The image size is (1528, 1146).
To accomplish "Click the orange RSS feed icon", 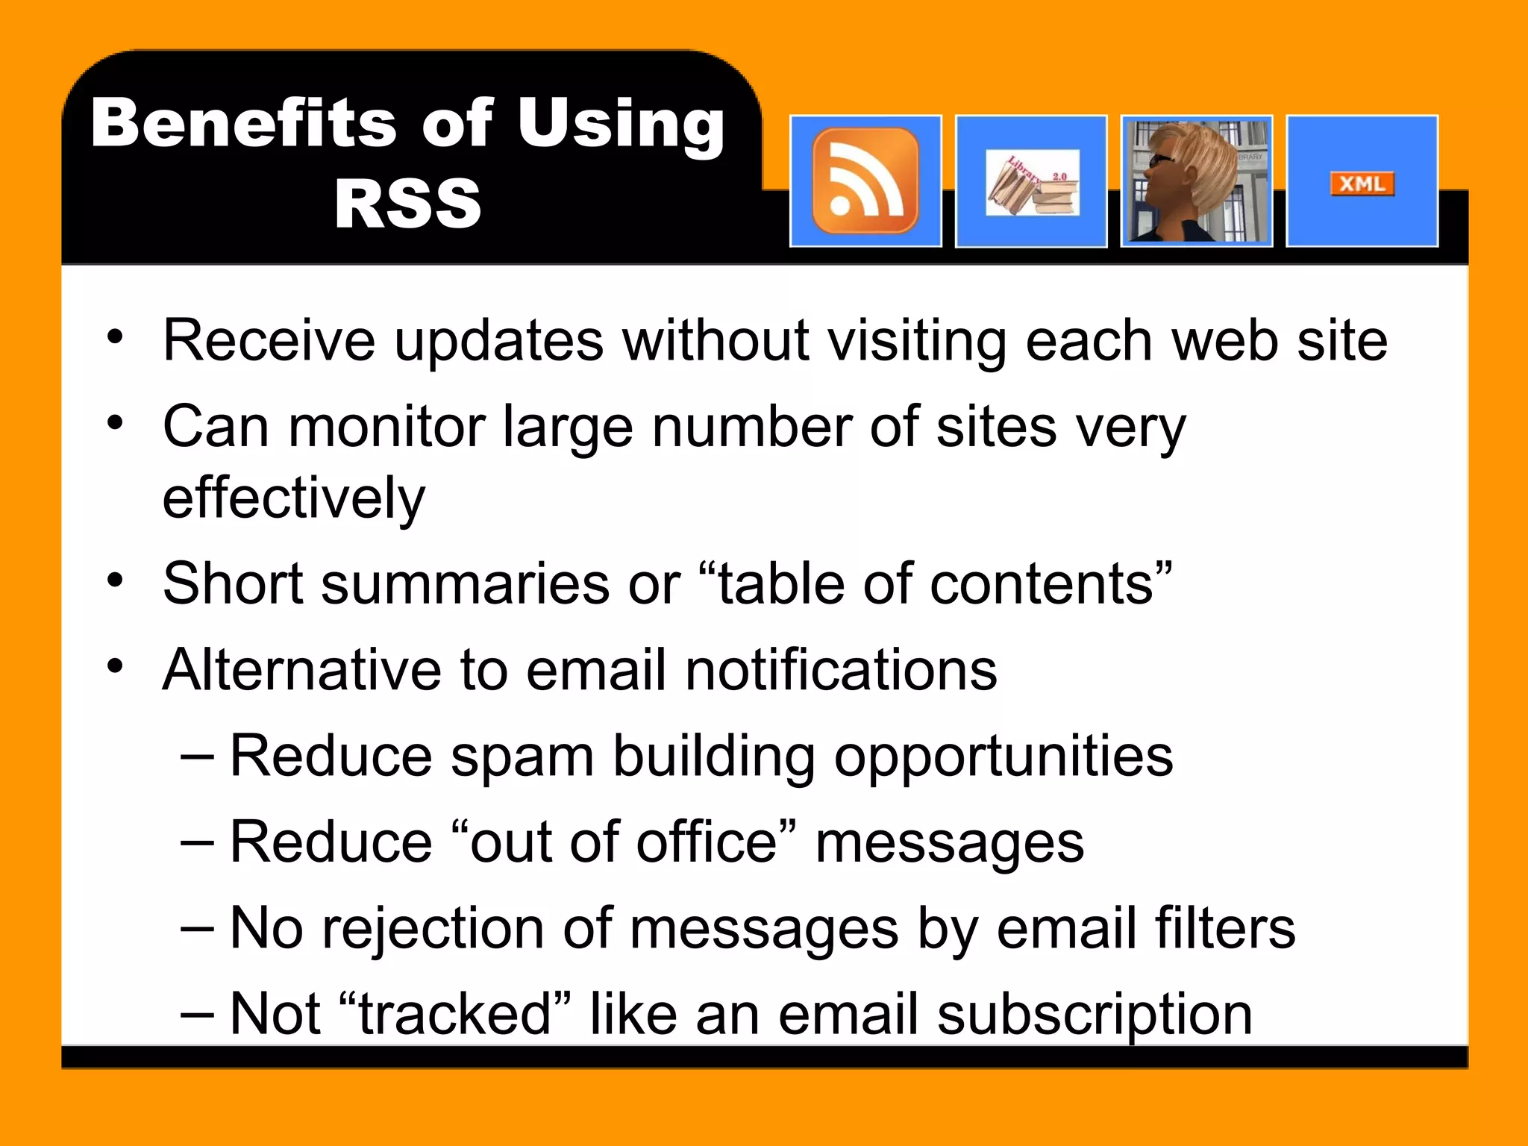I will [865, 181].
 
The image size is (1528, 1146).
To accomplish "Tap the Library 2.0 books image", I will [1032, 184].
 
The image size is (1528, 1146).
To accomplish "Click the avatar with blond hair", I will [1196, 181].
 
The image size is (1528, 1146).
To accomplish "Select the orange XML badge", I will [1362, 184].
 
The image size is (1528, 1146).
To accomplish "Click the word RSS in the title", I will [408, 204].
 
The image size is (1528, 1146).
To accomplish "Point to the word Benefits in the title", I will [245, 123].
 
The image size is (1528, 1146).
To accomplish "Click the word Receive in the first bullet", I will [269, 341].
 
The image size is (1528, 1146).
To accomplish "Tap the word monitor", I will [386, 427].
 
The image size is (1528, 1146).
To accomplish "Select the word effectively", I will [294, 498].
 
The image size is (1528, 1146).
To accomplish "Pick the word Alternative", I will [302, 669].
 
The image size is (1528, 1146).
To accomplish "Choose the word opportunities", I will [1003, 757].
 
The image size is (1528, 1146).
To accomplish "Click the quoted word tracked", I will [454, 1014].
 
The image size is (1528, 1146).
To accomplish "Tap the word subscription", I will [1095, 1015].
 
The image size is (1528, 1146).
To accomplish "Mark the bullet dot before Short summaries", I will [114, 580].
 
